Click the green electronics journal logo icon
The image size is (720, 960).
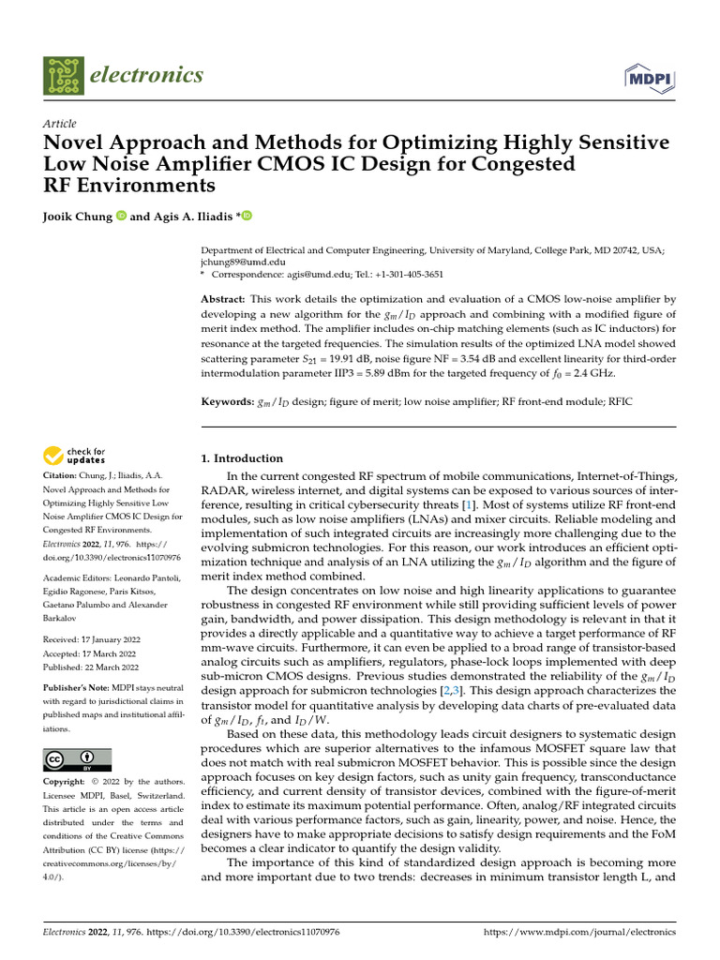pyautogui.click(x=63, y=76)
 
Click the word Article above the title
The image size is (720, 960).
pyautogui.click(x=59, y=124)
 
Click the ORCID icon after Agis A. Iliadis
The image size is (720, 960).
pyautogui.click(x=247, y=217)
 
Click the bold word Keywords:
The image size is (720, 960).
pyautogui.click(x=229, y=401)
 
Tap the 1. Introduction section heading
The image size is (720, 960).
pyautogui.click(x=243, y=458)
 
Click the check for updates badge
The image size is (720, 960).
pyautogui.click(x=76, y=457)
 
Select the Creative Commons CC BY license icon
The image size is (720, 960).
pyautogui.click(x=78, y=759)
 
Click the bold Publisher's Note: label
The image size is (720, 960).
pyautogui.click(x=75, y=686)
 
